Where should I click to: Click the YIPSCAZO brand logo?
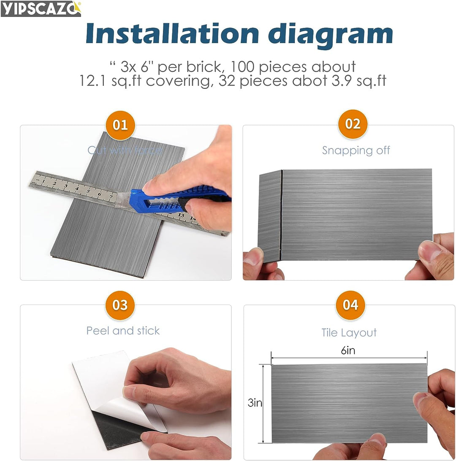tap(41, 8)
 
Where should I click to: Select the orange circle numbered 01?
tap(120, 125)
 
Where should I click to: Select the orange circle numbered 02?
tap(353, 124)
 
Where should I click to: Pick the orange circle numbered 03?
tap(120, 305)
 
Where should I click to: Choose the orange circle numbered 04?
tap(350, 305)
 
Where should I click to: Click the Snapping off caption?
tap(356, 150)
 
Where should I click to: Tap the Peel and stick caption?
tap(123, 330)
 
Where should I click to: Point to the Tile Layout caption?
tap(349, 333)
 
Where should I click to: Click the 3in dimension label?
tap(255, 403)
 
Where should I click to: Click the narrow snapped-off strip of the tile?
tap(269, 215)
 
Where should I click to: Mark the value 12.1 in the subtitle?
tap(94, 81)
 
